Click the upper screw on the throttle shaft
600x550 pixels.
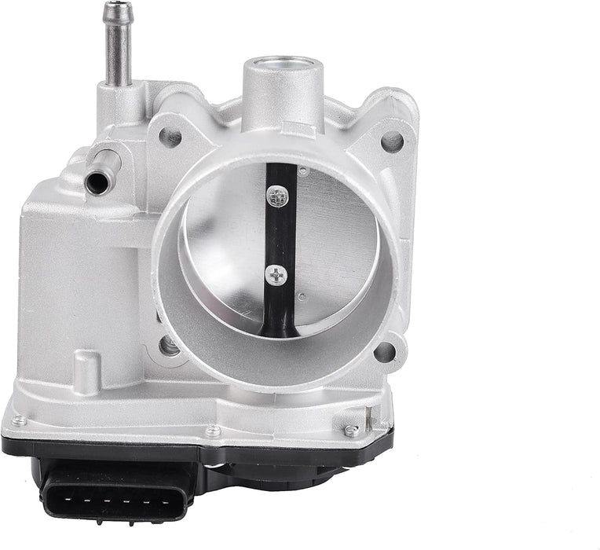(x=276, y=196)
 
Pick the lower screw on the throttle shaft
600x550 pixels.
(x=276, y=275)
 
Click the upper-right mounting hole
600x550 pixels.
(x=392, y=141)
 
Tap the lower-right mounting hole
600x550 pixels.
(x=384, y=351)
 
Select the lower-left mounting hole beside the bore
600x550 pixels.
(x=168, y=345)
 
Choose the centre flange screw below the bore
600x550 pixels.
(x=213, y=431)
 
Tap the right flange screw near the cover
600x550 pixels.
(x=351, y=431)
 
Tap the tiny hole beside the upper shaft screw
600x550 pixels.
(x=303, y=170)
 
